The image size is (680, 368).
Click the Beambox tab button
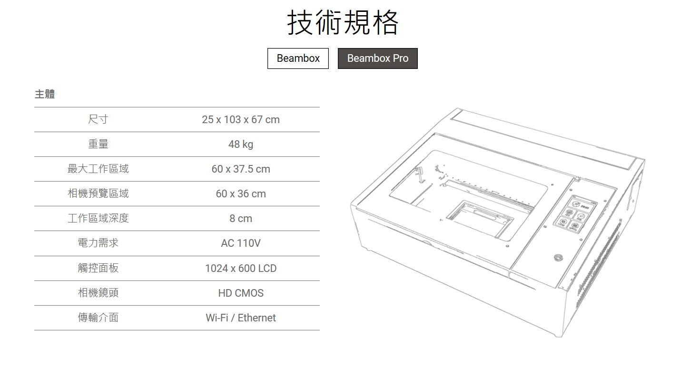click(x=298, y=58)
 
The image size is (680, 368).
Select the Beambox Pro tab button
click(x=377, y=58)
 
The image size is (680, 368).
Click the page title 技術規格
click(x=343, y=22)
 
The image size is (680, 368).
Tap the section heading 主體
click(x=45, y=94)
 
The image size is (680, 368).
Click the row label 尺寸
click(x=98, y=119)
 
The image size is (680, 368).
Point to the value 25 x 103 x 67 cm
click(x=241, y=119)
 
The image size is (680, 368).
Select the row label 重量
click(x=98, y=144)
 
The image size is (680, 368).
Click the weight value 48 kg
click(x=241, y=144)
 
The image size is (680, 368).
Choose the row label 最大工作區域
click(x=98, y=169)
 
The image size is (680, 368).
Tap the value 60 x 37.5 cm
click(x=241, y=169)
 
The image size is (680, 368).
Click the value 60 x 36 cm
click(x=241, y=194)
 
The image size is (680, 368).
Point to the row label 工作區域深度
click(x=98, y=218)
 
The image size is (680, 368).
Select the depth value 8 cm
click(x=241, y=218)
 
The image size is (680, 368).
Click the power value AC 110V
click(x=241, y=243)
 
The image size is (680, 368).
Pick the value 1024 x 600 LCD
click(x=241, y=268)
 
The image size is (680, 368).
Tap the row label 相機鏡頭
click(x=98, y=293)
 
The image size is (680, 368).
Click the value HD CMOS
click(x=241, y=293)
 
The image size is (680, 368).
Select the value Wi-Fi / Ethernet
click(x=241, y=318)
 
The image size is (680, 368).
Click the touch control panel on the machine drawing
click(x=573, y=216)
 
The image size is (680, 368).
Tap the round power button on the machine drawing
click(x=558, y=258)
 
